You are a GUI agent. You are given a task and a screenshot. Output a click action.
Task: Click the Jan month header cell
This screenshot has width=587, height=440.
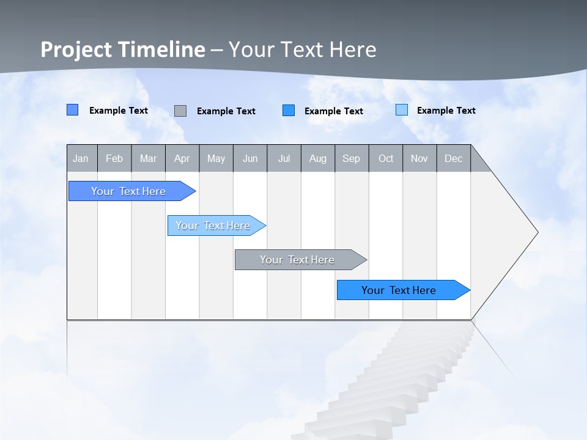tap(81, 158)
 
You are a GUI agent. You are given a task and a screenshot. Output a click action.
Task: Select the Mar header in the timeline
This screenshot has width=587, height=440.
tap(148, 158)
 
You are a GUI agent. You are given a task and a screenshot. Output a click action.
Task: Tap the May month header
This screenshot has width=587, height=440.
tap(216, 158)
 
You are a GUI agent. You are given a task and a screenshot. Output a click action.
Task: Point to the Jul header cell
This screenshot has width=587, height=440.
tap(284, 158)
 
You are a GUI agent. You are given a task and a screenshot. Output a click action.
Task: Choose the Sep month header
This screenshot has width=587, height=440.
tap(351, 158)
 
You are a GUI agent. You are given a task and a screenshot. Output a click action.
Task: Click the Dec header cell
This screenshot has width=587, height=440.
tap(453, 158)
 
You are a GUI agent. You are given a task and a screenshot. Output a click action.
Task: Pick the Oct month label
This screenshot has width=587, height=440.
tap(386, 158)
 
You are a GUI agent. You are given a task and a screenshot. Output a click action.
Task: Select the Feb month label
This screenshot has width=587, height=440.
tap(114, 158)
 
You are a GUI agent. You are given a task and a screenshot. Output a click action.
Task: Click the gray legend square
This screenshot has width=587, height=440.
tap(180, 111)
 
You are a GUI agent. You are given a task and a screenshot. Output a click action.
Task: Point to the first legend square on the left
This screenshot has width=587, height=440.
tap(72, 110)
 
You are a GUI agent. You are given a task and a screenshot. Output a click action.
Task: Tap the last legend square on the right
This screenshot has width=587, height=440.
tap(402, 110)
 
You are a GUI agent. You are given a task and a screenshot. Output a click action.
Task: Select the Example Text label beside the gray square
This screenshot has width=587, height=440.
tap(226, 111)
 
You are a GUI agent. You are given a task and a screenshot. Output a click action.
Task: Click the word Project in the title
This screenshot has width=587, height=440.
tap(76, 50)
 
